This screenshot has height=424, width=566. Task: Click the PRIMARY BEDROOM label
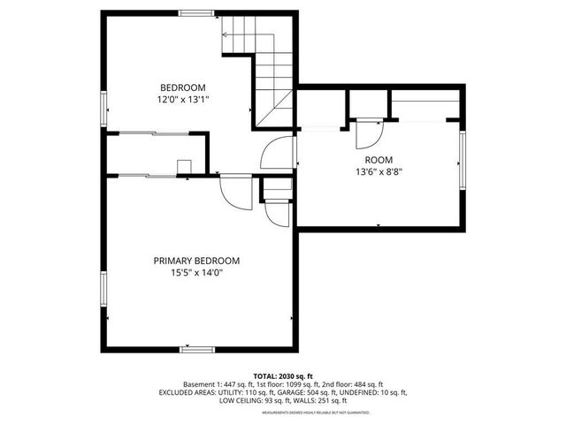(196, 261)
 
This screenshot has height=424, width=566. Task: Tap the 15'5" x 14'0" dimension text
(196, 273)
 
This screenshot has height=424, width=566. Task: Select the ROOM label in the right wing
(379, 160)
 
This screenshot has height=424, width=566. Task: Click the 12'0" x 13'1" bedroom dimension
(183, 100)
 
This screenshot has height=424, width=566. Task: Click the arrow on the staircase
(226, 35)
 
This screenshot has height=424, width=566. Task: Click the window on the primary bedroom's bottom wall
(197, 350)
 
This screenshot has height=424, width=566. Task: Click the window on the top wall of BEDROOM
(196, 12)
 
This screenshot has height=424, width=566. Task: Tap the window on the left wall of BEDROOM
(103, 107)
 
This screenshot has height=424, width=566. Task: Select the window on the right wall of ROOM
(462, 160)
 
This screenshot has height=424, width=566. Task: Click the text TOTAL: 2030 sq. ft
(283, 375)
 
